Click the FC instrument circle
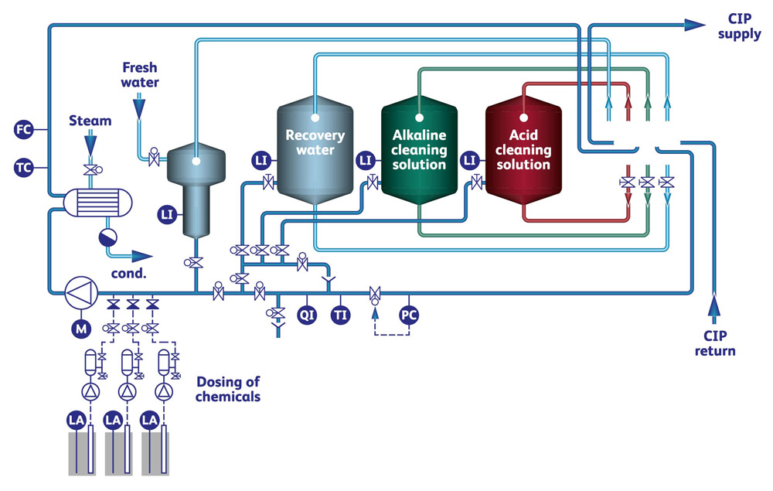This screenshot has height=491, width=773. click(24, 130)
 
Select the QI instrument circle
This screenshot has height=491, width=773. click(308, 315)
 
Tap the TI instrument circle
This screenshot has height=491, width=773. click(340, 315)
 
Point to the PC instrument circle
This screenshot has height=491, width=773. click(409, 315)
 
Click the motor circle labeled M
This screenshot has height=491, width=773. click(80, 329)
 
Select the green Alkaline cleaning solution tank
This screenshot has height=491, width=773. click(419, 151)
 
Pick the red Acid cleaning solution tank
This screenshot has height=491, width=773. click(523, 151)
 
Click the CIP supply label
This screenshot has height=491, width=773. click(739, 26)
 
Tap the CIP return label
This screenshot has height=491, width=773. click(718, 343)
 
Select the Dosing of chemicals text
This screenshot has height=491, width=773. click(228, 389)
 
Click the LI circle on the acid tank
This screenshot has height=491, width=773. click(468, 160)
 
